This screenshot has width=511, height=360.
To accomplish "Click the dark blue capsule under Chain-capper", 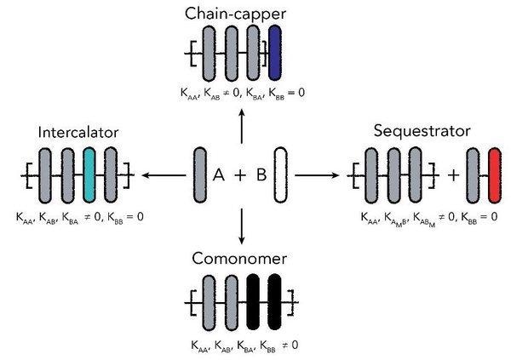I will coord(275,53).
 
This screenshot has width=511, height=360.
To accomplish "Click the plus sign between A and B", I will coord(240,175).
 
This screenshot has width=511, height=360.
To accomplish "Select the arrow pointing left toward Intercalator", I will coord(164,175).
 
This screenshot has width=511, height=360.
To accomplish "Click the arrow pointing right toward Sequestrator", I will coord(319,175).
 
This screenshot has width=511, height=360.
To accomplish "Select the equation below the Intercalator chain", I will coord(79,217).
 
